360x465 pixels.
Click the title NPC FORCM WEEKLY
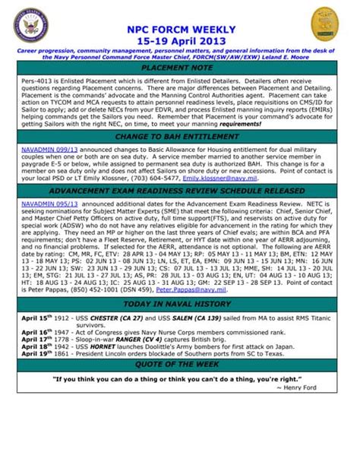(179, 28)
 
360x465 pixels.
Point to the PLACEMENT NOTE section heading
(179, 68)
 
